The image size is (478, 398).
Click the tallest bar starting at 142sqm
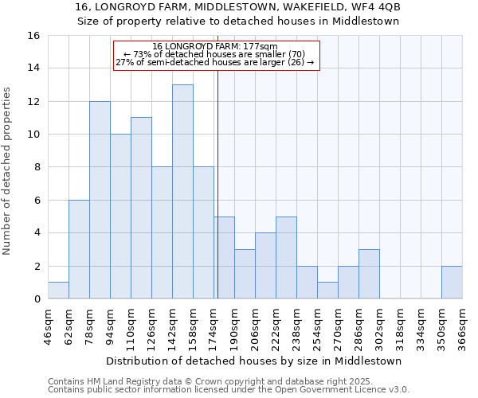coord(182,192)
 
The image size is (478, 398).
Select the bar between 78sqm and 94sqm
coord(100,200)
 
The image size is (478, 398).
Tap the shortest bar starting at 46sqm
coord(58,291)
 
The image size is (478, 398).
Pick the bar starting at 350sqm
coord(452,283)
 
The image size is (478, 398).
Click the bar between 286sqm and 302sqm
coord(369,274)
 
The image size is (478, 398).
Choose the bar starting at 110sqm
coord(141,208)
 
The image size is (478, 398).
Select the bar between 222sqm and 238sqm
coord(286,258)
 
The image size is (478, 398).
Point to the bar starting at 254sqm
coord(327,291)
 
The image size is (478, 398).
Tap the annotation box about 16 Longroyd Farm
coord(215,55)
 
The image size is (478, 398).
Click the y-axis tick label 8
coord(37,167)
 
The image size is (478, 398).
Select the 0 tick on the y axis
coord(37,299)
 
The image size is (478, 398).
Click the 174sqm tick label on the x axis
coord(214,325)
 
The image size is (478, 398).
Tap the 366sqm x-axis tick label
coord(462,325)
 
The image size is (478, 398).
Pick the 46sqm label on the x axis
coord(48,325)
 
